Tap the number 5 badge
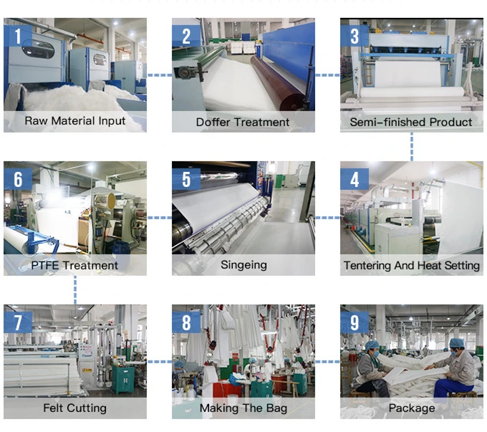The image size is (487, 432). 186,178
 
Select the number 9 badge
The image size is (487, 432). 355,322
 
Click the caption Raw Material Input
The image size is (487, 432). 74,120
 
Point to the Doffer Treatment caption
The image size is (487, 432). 243,122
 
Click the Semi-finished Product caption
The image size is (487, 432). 411,122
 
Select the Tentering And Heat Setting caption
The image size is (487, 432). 411,265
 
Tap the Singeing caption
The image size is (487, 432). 243,264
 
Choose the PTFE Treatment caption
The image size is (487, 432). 74,265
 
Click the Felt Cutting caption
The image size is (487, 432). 74,408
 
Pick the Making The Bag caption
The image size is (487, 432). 243,408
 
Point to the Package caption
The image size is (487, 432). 411,408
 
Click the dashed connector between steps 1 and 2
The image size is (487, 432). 159,75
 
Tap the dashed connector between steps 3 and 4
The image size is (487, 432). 412,146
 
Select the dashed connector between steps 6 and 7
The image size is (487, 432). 75,289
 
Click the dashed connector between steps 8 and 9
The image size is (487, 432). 327,361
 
